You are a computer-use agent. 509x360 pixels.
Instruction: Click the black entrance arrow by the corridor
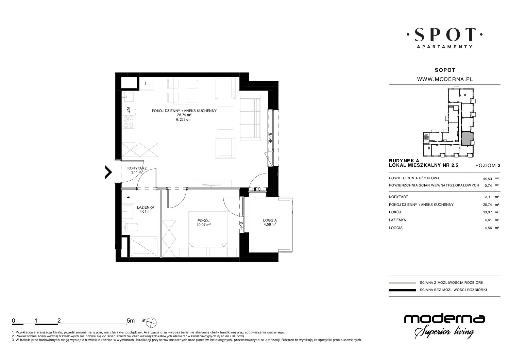[x=109, y=172]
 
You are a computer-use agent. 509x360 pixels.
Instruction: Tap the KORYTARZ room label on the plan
[x=137, y=168]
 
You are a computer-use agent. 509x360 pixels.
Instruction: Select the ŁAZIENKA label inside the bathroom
[x=146, y=208]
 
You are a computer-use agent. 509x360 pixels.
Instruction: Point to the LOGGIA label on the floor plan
[x=270, y=220]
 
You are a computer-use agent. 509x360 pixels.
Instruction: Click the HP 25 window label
[x=270, y=138]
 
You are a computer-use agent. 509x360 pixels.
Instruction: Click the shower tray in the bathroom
[x=143, y=247]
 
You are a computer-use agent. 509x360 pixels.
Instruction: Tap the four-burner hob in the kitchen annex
[x=129, y=122]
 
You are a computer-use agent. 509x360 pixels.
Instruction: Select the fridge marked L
[x=146, y=84]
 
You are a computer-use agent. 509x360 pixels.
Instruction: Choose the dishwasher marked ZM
[x=129, y=110]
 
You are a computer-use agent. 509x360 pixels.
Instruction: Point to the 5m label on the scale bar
[x=131, y=321]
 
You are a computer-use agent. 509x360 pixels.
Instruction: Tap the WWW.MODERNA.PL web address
[x=444, y=79]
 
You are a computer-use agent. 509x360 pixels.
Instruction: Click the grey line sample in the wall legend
[x=403, y=283]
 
